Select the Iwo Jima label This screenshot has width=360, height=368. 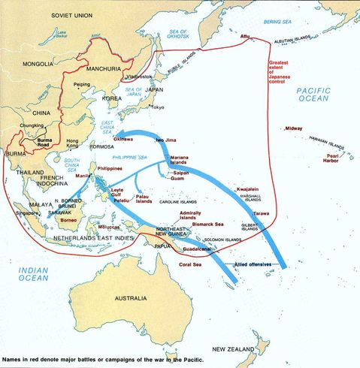click(x=169, y=140)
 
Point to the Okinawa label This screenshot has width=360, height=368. click(x=123, y=139)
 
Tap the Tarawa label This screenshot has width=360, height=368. click(x=261, y=214)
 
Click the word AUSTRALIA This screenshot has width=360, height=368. click(x=130, y=298)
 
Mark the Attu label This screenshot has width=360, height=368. click(x=244, y=36)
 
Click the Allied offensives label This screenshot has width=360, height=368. click(x=252, y=266)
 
